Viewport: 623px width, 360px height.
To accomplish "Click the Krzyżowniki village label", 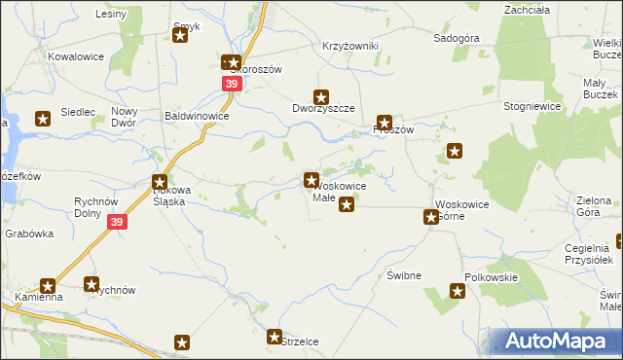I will (349, 47).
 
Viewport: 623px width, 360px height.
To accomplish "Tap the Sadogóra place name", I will (457, 39).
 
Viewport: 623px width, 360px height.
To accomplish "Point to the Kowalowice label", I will (76, 57).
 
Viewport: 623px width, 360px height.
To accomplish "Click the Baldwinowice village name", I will (197, 116).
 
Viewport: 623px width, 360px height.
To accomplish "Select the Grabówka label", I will (28, 234).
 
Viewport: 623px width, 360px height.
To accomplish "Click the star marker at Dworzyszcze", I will (320, 96).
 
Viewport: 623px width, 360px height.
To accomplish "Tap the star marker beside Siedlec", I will (43, 119).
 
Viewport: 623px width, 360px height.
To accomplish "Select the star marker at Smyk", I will (180, 36).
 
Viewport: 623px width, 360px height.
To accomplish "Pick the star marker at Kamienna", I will (47, 286).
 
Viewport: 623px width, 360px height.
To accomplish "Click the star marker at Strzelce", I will (275, 337).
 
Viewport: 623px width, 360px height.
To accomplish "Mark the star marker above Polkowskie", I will (458, 290).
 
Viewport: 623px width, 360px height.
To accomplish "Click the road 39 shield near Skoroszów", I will (232, 85).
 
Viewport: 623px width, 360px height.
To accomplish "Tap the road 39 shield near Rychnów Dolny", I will (117, 223).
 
